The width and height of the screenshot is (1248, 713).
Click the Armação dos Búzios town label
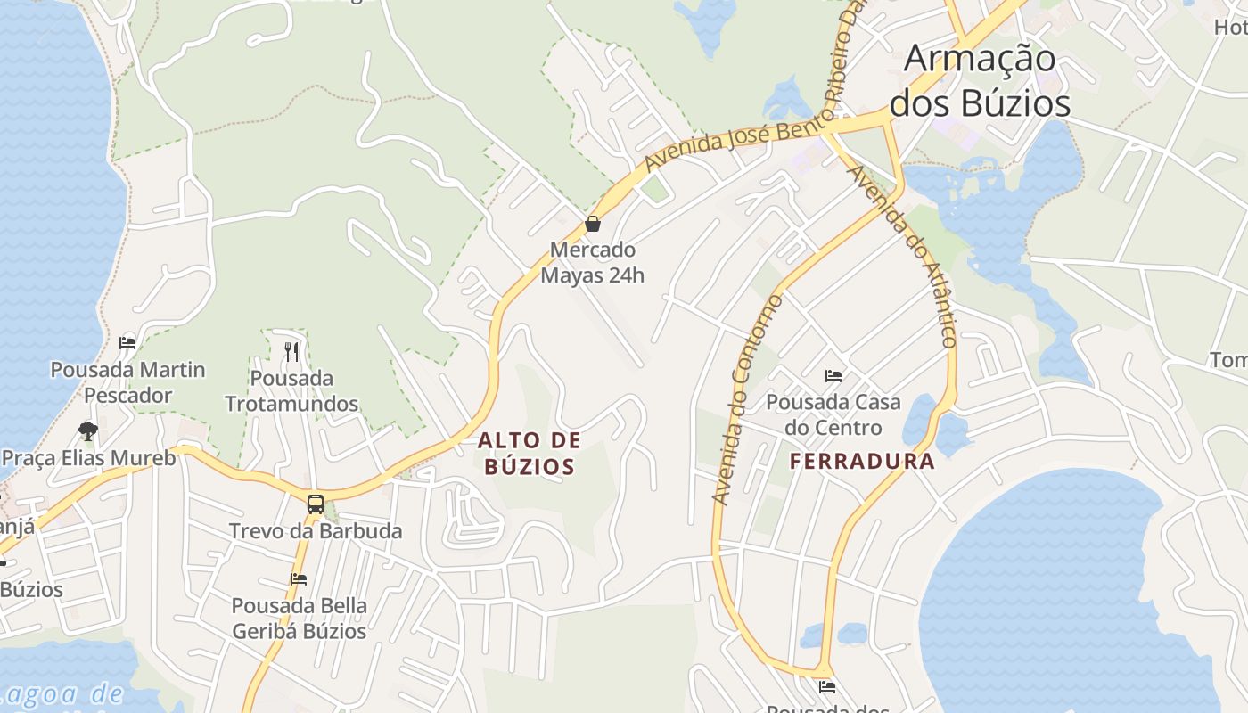[980, 81]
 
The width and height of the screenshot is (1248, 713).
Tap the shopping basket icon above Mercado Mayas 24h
[593, 224]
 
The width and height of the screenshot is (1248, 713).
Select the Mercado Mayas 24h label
[593, 262]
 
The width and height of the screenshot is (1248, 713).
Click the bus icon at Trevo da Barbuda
[316, 504]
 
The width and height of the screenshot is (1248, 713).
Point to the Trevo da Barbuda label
[316, 531]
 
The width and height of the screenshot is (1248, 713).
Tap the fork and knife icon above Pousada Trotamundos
[291, 352]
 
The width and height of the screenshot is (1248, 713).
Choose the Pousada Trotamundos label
[291, 391]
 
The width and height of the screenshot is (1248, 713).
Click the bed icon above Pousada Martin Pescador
[127, 343]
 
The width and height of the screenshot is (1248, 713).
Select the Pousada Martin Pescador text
[127, 382]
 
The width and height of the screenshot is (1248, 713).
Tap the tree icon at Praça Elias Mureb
[87, 431]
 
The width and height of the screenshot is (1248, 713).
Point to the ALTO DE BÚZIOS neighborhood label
[530, 453]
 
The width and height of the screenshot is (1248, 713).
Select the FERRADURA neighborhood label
[862, 461]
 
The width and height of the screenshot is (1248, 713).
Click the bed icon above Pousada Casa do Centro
[833, 376]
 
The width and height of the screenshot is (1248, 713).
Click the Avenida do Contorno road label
[747, 399]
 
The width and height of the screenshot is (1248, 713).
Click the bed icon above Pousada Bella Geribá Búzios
[299, 579]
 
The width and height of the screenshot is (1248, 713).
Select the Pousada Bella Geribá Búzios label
[300, 619]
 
